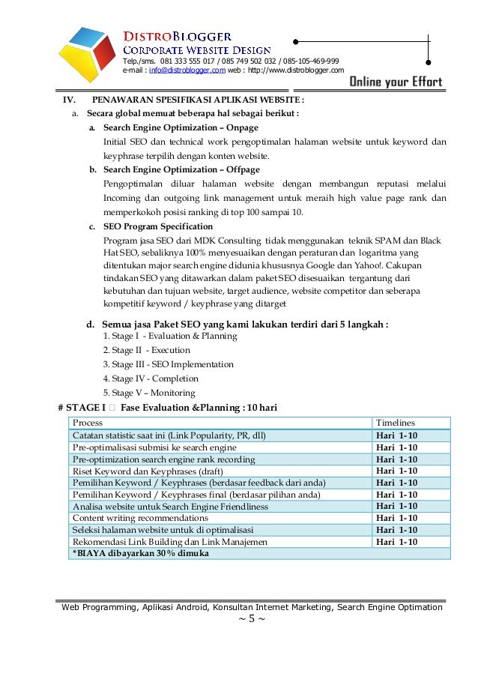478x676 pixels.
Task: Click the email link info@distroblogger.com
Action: click(x=187, y=70)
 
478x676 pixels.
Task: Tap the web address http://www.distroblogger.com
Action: click(x=295, y=70)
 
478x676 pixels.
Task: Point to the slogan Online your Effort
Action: click(x=396, y=82)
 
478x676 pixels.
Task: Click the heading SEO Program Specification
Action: click(x=158, y=226)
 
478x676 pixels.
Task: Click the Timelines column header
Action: click(x=395, y=423)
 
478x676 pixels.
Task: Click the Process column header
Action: click(x=88, y=423)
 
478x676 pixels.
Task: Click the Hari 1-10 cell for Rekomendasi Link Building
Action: click(x=396, y=542)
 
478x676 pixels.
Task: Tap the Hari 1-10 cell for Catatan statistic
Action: click(x=396, y=435)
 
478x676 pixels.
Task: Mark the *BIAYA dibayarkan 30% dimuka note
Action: click(x=140, y=554)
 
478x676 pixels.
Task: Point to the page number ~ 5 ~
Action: click(x=251, y=619)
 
